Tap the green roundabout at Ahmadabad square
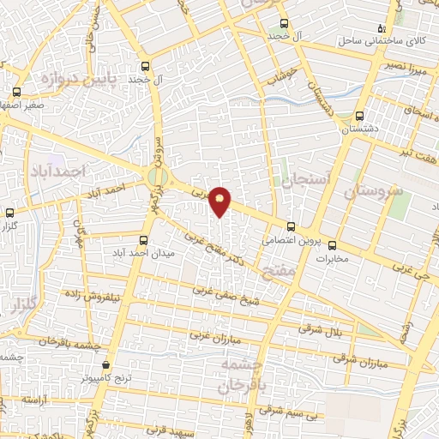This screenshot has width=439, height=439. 157,177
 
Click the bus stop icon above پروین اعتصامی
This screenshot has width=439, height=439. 292,226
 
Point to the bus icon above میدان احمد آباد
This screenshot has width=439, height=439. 144,240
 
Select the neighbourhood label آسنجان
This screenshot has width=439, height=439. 298,180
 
